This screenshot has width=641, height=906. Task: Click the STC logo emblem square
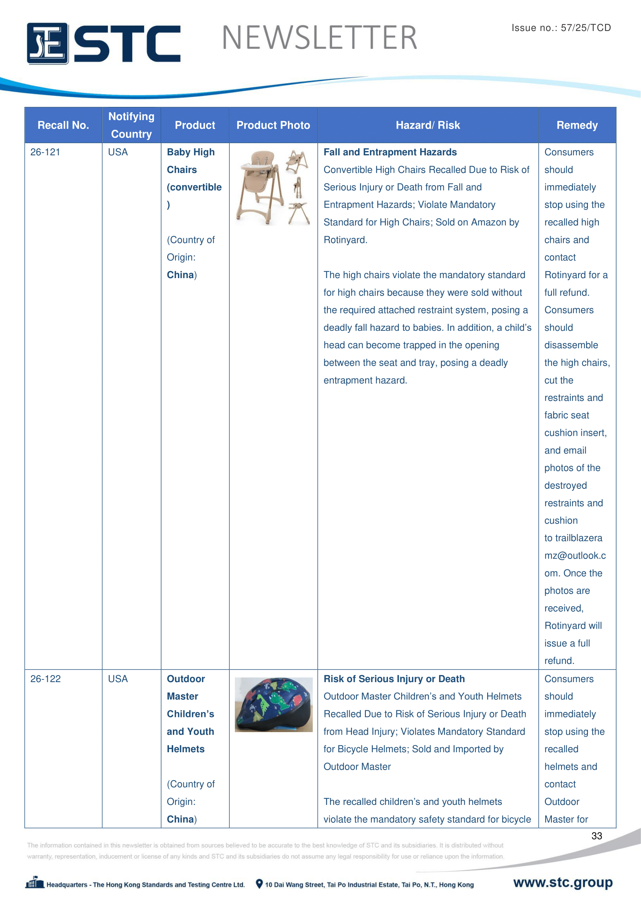coord(47,43)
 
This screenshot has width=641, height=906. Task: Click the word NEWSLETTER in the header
coord(319,38)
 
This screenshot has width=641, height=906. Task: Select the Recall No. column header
coord(63,125)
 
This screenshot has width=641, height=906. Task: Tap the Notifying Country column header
coord(131,125)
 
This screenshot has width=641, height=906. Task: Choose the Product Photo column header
coord(273,125)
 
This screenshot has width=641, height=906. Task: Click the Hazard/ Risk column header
coord(428,125)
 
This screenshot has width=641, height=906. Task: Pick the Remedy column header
coord(577,125)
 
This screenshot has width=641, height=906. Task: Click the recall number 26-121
coord(45,152)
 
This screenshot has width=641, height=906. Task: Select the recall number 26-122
coord(46,679)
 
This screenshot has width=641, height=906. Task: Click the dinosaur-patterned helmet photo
coord(274,705)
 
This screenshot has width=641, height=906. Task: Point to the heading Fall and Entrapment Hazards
coord(390,152)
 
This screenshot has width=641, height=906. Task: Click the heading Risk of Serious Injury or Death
coord(394,679)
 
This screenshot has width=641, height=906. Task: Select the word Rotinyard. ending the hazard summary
coord(345,240)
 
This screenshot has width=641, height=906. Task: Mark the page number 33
coord(596,836)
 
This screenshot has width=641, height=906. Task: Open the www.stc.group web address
coord(562,882)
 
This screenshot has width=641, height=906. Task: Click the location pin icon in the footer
coord(259,884)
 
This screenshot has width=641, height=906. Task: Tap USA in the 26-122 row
coord(118,679)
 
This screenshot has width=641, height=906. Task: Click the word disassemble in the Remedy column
coord(571,345)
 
